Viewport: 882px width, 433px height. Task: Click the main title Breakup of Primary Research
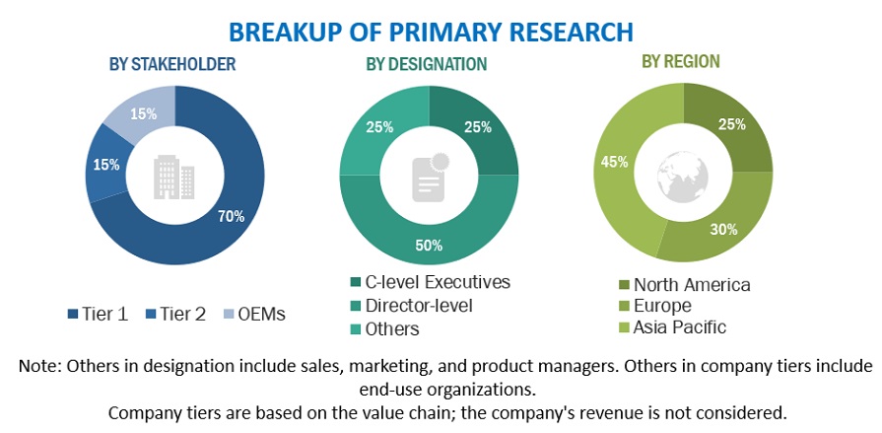pos(431,31)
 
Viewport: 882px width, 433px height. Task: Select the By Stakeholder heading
pos(172,64)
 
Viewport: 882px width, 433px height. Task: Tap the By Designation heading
pos(426,64)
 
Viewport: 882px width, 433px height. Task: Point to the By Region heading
pos(680,61)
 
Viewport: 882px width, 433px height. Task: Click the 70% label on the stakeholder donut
pos(232,216)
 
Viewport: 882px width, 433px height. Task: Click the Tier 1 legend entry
pos(102,315)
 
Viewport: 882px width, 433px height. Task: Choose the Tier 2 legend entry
pos(178,315)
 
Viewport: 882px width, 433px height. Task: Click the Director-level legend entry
pos(420,306)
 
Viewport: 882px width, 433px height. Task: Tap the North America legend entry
pos(685,285)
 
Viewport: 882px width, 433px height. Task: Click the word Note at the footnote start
pos(38,366)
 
